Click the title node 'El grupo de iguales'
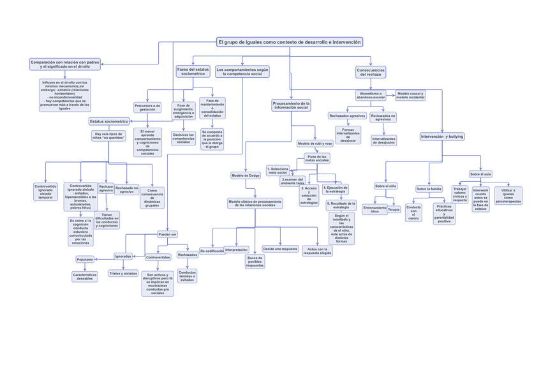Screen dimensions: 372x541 pyautogui.click(x=290, y=42)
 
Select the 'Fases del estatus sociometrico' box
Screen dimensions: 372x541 pyautogui.click(x=193, y=71)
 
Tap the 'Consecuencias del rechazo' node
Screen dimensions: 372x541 pyautogui.click(x=370, y=72)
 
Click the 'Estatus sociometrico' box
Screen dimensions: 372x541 pyautogui.click(x=109, y=121)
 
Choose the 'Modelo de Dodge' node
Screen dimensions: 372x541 pyautogui.click(x=246, y=175)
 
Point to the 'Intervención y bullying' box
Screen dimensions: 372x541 pyautogui.click(x=441, y=137)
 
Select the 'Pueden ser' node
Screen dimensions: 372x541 pyautogui.click(x=167, y=234)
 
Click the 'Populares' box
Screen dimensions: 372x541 pyautogui.click(x=85, y=260)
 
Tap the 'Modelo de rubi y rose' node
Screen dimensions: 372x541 pyautogui.click(x=315, y=144)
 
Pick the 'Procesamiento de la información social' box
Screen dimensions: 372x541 pyautogui.click(x=291, y=105)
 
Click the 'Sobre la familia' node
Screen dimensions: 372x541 pyautogui.click(x=429, y=189)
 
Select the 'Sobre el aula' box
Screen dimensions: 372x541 pyautogui.click(x=480, y=174)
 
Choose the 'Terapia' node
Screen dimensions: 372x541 pyautogui.click(x=394, y=209)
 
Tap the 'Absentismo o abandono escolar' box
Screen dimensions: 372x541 pyautogui.click(x=371, y=95)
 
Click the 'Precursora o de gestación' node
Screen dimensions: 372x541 pyautogui.click(x=147, y=107)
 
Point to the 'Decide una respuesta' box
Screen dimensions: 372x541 pyautogui.click(x=280, y=249)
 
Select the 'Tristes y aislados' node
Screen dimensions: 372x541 pyautogui.click(x=123, y=273)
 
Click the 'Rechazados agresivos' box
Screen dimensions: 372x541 pyautogui.click(x=347, y=116)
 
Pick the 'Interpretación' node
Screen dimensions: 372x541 pyautogui.click(x=236, y=249)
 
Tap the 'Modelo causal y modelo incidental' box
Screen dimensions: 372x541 pyautogui.click(x=410, y=95)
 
